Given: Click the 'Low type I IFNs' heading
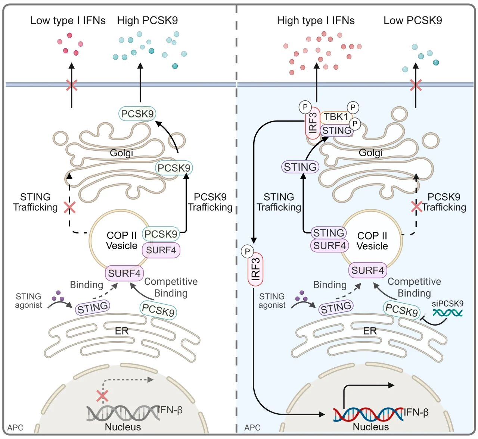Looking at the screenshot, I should click(68, 21).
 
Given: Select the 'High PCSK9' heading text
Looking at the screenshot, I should click(147, 21).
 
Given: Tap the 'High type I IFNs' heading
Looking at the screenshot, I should click(316, 21).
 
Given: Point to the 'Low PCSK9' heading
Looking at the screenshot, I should click(413, 21).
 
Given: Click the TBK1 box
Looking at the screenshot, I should click(336, 117).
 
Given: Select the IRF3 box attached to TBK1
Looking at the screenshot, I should click(313, 123).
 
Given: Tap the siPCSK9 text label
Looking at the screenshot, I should click(447, 303).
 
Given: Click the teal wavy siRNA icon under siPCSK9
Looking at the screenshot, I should click(447, 313).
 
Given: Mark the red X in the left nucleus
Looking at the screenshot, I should click(102, 396).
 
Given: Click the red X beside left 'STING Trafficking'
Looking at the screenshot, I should click(69, 207).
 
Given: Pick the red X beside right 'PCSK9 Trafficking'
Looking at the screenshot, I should click(416, 206).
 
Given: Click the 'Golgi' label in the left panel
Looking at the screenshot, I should click(121, 153).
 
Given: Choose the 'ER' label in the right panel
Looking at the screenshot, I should click(370, 331).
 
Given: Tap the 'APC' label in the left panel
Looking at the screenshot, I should click(15, 427).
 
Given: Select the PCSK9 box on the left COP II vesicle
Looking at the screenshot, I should click(161, 234).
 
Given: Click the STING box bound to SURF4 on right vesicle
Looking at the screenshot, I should click(329, 233).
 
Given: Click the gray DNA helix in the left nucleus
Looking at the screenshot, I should click(123, 413).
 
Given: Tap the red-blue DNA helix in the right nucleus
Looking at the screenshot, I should click(368, 414).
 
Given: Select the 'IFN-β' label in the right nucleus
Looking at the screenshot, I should click(416, 412).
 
